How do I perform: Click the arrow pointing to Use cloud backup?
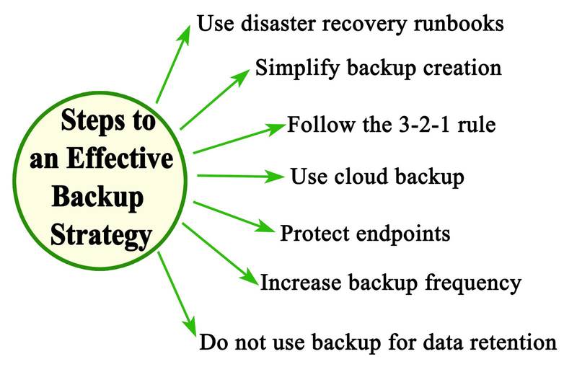click(238, 175)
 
